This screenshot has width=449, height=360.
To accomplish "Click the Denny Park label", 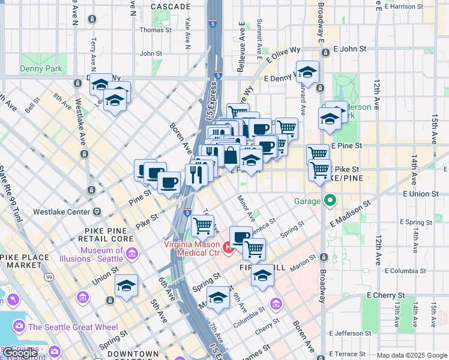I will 41,69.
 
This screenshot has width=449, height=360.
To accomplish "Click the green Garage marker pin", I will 330,200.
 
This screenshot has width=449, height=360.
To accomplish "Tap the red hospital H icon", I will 228,247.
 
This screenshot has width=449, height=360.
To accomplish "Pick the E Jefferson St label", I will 354,333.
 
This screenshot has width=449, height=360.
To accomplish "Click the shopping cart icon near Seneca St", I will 254,247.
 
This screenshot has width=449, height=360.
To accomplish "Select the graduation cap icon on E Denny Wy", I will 307,73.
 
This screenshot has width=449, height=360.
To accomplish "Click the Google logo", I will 20,353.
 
